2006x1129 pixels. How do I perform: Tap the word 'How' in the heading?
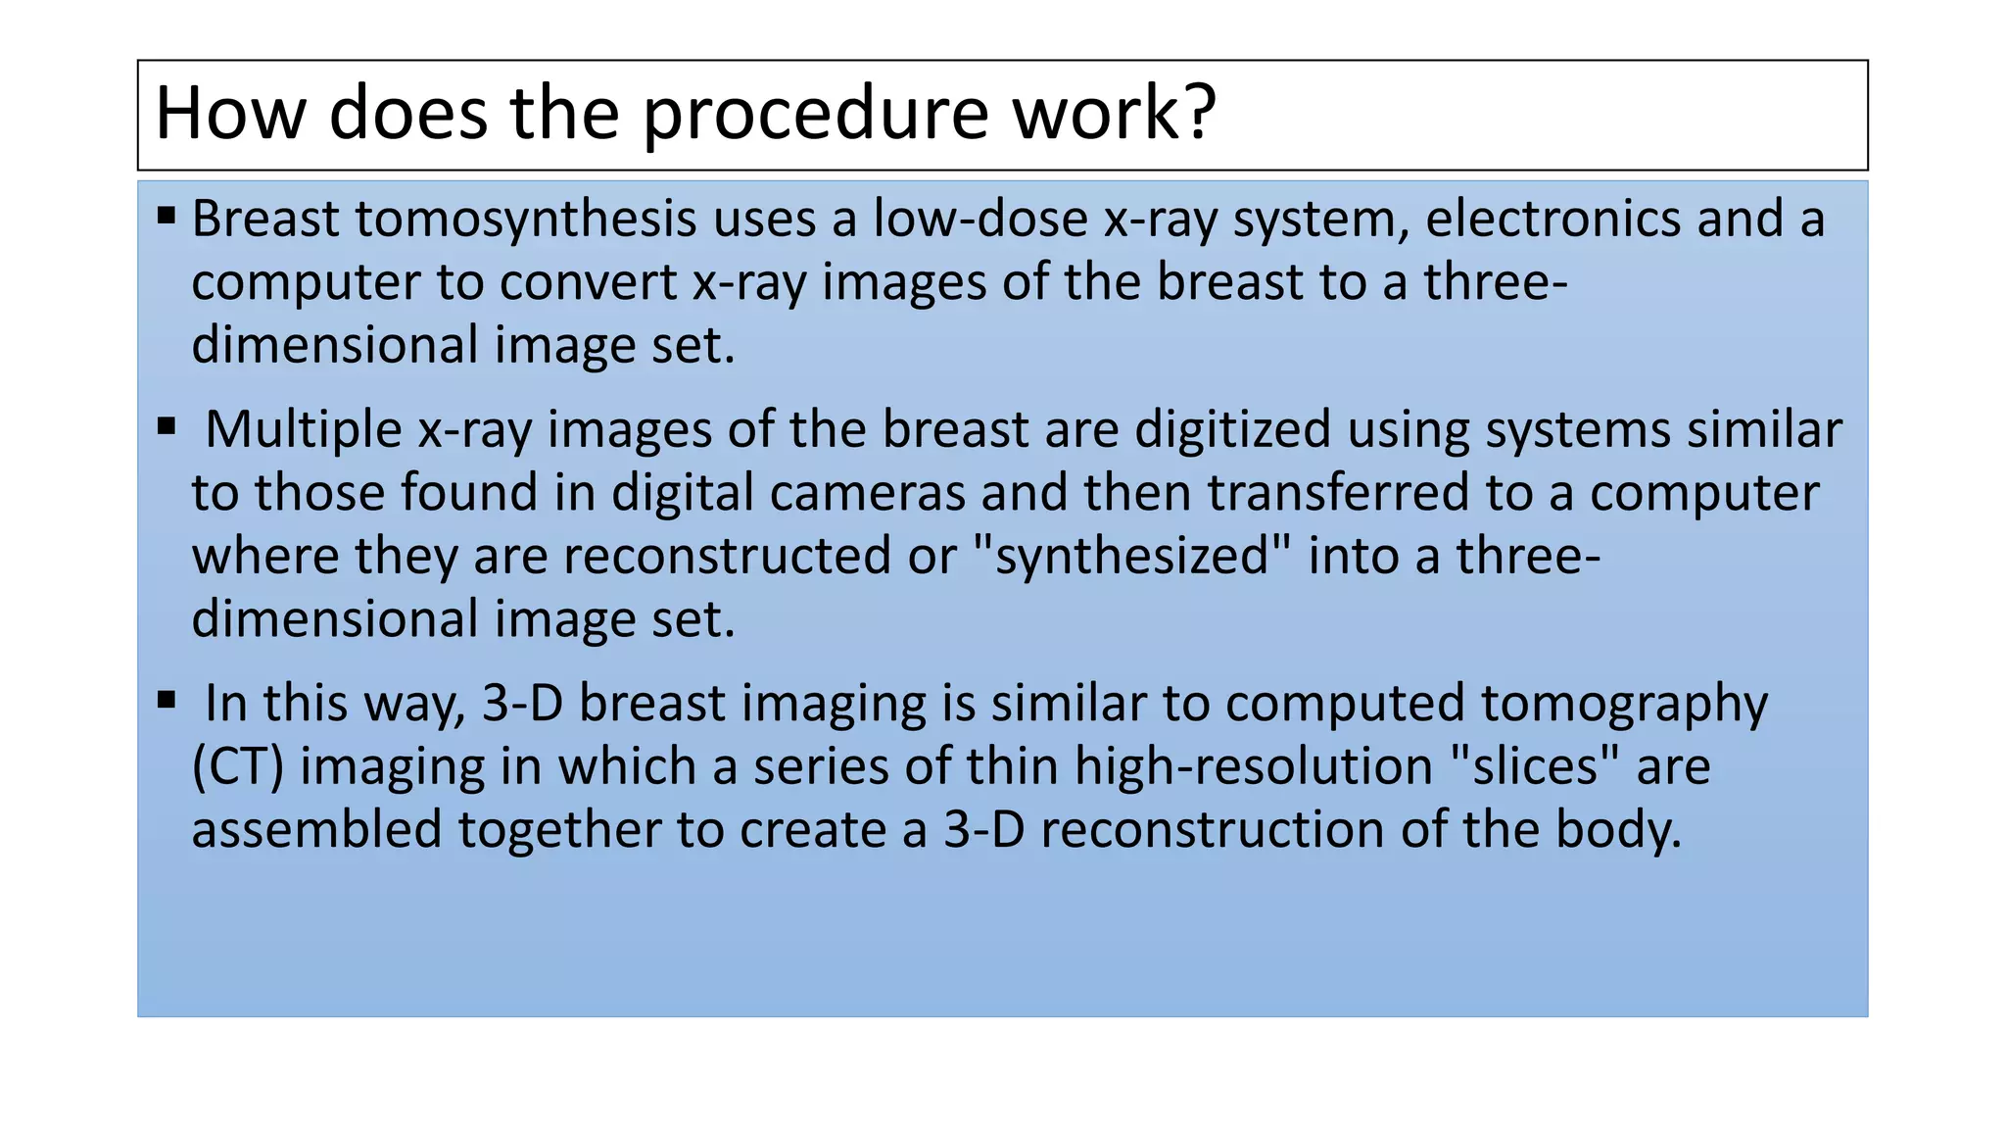click(x=230, y=115)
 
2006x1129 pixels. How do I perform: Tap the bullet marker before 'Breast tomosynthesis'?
click(x=167, y=215)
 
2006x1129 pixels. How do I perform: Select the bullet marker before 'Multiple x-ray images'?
click(x=167, y=426)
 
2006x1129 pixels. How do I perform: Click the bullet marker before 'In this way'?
click(x=167, y=700)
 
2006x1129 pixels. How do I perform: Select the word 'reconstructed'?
click(x=728, y=557)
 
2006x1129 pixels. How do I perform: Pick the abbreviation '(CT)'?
click(x=238, y=767)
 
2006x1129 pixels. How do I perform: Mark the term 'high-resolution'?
click(x=1254, y=767)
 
